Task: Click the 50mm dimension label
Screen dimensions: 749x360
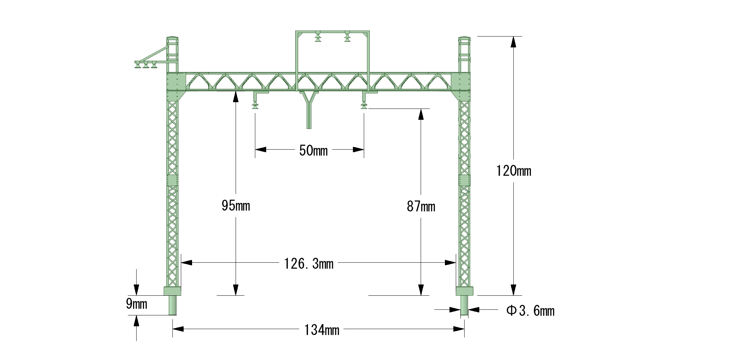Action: pyautogui.click(x=313, y=151)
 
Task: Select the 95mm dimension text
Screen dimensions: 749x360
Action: pyautogui.click(x=236, y=205)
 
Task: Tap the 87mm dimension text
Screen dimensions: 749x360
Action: pyautogui.click(x=421, y=207)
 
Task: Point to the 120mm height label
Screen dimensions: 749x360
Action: pyautogui.click(x=514, y=171)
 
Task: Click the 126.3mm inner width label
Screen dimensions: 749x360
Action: pyautogui.click(x=309, y=263)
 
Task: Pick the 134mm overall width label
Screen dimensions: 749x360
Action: pyautogui.click(x=322, y=330)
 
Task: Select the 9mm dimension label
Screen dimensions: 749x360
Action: pyautogui.click(x=137, y=304)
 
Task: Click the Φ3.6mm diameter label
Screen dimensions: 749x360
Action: pyautogui.click(x=530, y=311)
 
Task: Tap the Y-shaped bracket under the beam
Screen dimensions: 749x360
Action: pyautogui.click(x=309, y=110)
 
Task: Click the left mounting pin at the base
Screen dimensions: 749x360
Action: pyautogui.click(x=172, y=305)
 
